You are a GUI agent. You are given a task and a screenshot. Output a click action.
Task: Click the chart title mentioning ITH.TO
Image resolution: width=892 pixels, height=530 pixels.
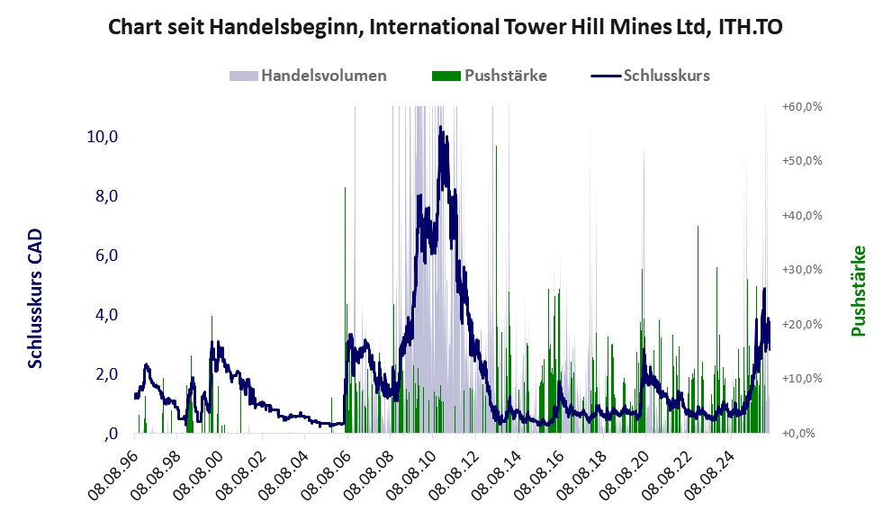446,27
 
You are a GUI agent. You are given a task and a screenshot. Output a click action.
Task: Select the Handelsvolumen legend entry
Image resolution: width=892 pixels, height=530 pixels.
308,76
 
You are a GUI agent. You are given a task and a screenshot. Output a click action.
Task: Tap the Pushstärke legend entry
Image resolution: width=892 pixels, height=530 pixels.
490,76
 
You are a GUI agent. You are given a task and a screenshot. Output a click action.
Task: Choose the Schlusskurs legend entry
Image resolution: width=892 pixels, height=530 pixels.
650,76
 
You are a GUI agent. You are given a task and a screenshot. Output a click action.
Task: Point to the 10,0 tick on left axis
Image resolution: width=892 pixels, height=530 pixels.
102,137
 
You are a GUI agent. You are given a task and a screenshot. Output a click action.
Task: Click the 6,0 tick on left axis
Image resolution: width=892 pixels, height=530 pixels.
106,256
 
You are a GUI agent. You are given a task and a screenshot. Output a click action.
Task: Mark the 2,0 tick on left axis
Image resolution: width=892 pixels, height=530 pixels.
106,374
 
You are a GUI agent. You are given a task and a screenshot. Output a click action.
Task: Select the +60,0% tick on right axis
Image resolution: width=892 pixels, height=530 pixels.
802,107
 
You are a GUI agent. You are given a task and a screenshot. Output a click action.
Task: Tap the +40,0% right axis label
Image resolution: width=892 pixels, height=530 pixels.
802,216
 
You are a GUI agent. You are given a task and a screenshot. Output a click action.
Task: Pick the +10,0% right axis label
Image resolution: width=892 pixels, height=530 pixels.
802,379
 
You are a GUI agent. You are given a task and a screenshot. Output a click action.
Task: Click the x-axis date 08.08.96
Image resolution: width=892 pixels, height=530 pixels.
113,472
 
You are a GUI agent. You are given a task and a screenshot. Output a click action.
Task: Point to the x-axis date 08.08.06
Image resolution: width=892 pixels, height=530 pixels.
325,472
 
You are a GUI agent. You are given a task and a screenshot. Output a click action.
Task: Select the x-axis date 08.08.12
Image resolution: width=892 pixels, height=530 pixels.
453,472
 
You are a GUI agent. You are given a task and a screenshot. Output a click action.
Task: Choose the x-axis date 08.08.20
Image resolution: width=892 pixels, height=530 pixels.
624,472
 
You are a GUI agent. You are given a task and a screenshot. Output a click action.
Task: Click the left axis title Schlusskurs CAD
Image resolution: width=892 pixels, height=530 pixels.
35,298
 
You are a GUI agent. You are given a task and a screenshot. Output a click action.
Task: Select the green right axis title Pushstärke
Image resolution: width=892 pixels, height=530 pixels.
858,291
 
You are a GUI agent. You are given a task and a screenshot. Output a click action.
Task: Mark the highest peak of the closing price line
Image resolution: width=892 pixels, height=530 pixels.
440,127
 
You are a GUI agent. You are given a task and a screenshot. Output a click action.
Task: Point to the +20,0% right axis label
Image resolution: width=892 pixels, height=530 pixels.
802,324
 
